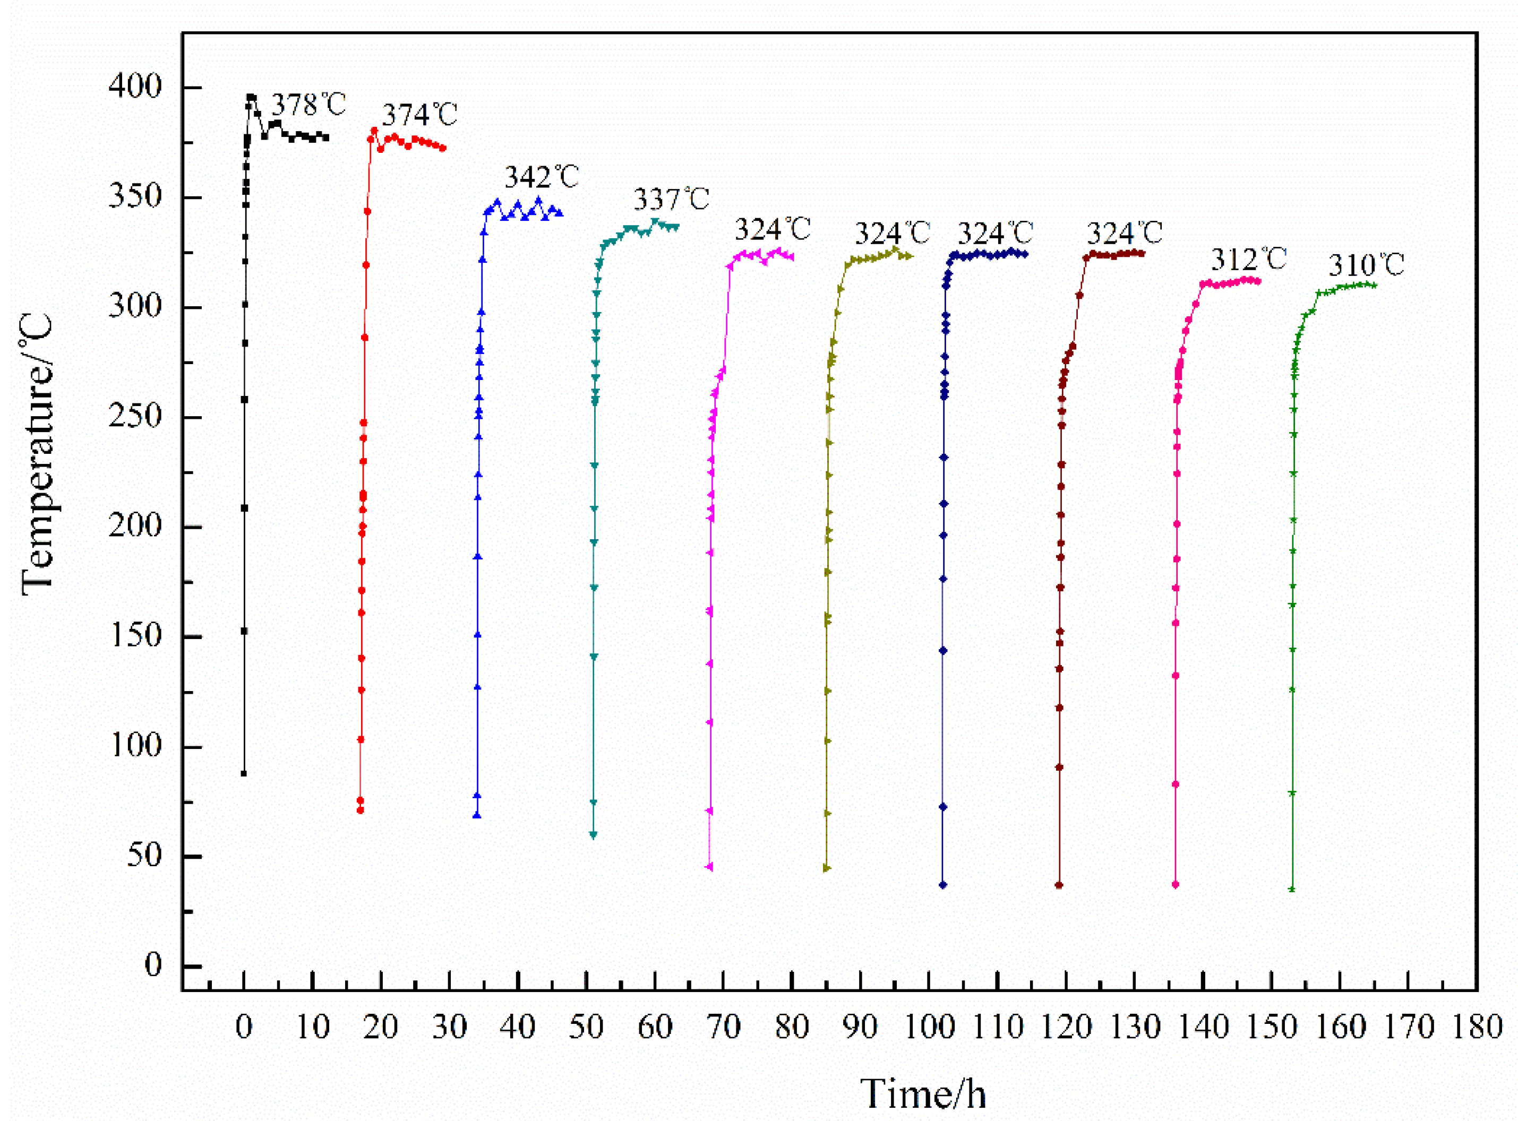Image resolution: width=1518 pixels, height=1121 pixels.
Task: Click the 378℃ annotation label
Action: click(309, 105)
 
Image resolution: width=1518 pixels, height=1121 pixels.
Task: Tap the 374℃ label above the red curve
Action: click(419, 115)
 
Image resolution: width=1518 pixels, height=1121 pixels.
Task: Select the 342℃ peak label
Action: click(541, 177)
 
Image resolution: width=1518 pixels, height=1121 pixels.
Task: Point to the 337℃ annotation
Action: click(672, 200)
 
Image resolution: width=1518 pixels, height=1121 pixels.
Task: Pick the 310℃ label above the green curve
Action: click(1366, 265)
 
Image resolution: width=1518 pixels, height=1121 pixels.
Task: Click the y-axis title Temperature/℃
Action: click(37, 455)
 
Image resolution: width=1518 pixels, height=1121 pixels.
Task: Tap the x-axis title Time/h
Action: click(923, 1094)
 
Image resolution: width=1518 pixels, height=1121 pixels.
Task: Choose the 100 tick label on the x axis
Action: click(929, 1027)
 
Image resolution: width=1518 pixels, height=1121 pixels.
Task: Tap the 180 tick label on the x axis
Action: click(1477, 1027)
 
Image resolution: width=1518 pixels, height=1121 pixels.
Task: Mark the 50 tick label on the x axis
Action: click(586, 1027)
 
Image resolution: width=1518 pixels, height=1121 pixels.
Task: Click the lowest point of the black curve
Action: click(244, 773)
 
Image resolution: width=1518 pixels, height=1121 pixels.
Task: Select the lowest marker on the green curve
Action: click(1292, 889)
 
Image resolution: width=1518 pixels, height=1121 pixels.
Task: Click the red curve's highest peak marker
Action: click(374, 130)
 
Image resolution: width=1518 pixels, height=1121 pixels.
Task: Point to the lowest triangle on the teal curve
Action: click(594, 835)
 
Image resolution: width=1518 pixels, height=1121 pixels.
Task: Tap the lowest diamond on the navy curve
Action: click(943, 885)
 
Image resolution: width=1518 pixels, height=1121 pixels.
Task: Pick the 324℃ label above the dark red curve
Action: click(1124, 234)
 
